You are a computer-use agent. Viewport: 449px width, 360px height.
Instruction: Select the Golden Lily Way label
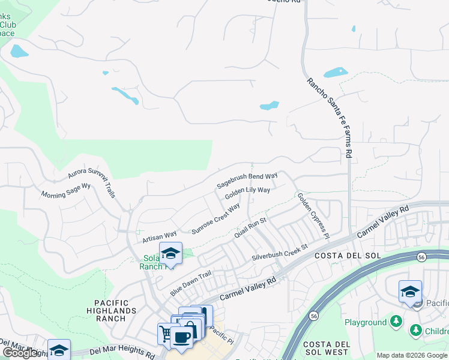[247, 193]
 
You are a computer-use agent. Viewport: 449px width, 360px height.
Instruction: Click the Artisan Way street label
[158, 236]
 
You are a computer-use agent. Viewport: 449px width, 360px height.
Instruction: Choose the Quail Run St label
[250, 227]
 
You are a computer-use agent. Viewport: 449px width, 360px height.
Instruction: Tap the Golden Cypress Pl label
[314, 213]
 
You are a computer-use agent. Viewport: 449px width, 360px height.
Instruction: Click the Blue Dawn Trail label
[191, 281]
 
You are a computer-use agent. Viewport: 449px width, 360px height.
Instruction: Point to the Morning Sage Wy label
[65, 191]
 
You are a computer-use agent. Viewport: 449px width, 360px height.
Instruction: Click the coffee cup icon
[181, 335]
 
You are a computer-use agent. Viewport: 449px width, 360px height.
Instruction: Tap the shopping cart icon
[164, 332]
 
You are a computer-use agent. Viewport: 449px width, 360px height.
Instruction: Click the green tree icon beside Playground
[396, 322]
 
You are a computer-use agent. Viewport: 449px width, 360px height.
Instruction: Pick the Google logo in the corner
[20, 353]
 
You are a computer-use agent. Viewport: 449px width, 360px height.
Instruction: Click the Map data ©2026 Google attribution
[412, 355]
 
